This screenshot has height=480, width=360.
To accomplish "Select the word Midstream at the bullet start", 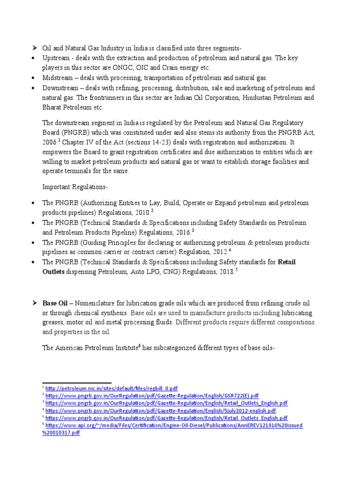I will [57, 78].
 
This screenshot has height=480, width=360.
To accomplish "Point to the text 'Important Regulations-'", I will [75, 187].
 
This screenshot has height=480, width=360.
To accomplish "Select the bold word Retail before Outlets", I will [287, 262].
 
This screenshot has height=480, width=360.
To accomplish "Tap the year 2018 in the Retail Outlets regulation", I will [225, 272].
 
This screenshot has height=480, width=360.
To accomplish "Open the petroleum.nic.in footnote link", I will [112, 388].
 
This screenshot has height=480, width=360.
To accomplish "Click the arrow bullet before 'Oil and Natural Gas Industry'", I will [34, 48].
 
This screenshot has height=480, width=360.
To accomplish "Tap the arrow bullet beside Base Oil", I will [34, 303].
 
